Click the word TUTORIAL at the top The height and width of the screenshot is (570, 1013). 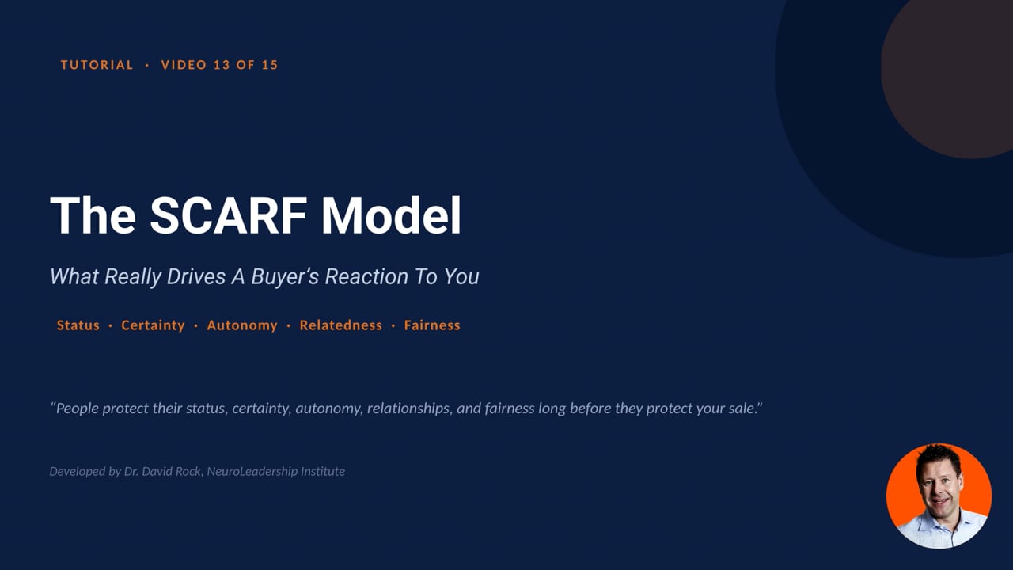tap(97, 65)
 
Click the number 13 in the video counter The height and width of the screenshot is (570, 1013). tap(222, 65)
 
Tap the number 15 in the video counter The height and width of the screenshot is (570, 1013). tap(270, 65)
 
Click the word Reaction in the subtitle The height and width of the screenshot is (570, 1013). tap(366, 276)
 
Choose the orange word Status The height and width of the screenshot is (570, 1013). tap(78, 325)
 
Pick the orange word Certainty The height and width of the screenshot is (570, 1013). tap(153, 325)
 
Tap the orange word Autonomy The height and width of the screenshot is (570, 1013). tap(242, 325)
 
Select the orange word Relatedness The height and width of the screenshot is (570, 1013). tap(340, 325)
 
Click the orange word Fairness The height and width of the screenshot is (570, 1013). tap(432, 325)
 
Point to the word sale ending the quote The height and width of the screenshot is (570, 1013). tap(741, 408)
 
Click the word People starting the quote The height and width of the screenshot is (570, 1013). tap(78, 408)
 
